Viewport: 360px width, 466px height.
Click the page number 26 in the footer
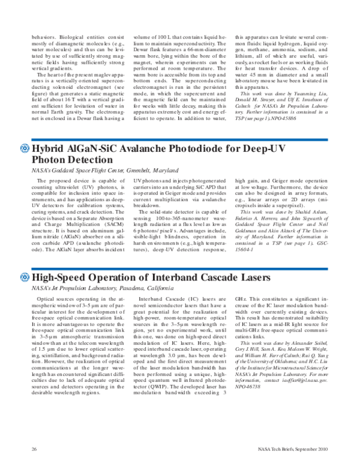(x=35, y=449)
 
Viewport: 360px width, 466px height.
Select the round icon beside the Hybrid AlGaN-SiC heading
(x=24, y=149)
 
